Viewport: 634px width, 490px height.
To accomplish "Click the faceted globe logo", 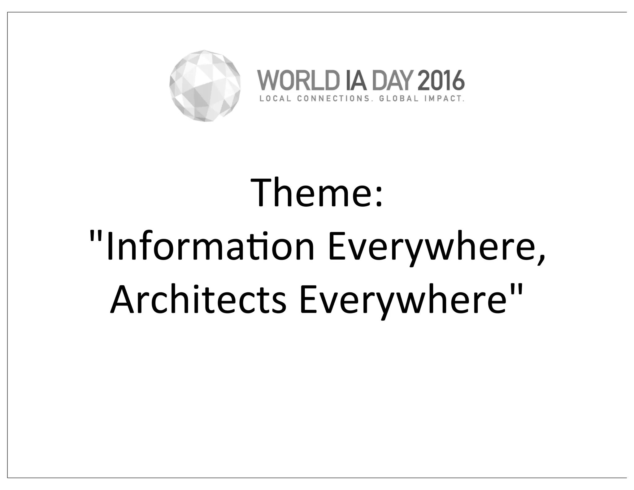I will pyautogui.click(x=205, y=85).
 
